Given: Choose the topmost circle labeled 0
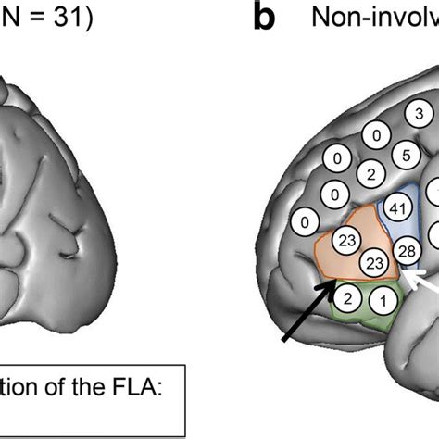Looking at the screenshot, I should pos(375,136).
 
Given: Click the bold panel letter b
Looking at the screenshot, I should pos(265,20).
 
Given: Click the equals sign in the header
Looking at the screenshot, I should pos(44,19).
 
